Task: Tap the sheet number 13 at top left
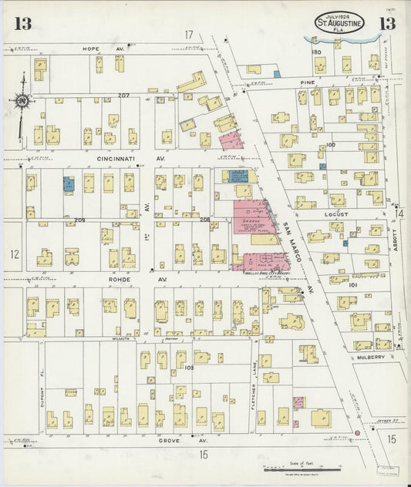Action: [22, 24]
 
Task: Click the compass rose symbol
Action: [22, 99]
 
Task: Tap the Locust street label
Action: [338, 214]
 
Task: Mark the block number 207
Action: [123, 96]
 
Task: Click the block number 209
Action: [79, 220]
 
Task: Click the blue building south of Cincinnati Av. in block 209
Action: [69, 183]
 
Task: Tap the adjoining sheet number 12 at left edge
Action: [14, 253]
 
